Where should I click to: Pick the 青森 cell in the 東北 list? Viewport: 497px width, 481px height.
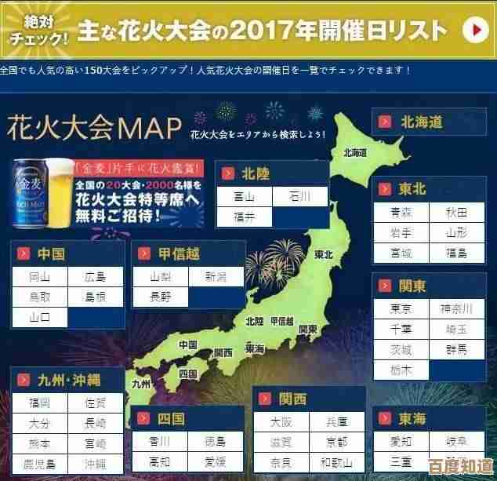(401, 213)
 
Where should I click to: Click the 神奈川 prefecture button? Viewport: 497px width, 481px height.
(457, 308)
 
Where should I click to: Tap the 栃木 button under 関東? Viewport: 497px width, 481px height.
(401, 370)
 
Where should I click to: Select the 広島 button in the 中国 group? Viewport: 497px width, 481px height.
(96, 276)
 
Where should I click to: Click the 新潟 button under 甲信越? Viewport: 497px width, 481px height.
(216, 276)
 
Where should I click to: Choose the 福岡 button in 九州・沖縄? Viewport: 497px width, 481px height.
(39, 403)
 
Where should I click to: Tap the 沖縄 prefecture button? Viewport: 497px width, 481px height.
(96, 464)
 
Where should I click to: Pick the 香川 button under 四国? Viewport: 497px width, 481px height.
(160, 440)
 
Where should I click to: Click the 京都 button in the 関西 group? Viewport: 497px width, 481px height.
(337, 441)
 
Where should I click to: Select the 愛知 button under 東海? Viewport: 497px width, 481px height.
(401, 441)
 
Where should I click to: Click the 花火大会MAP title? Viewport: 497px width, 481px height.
(93, 126)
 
